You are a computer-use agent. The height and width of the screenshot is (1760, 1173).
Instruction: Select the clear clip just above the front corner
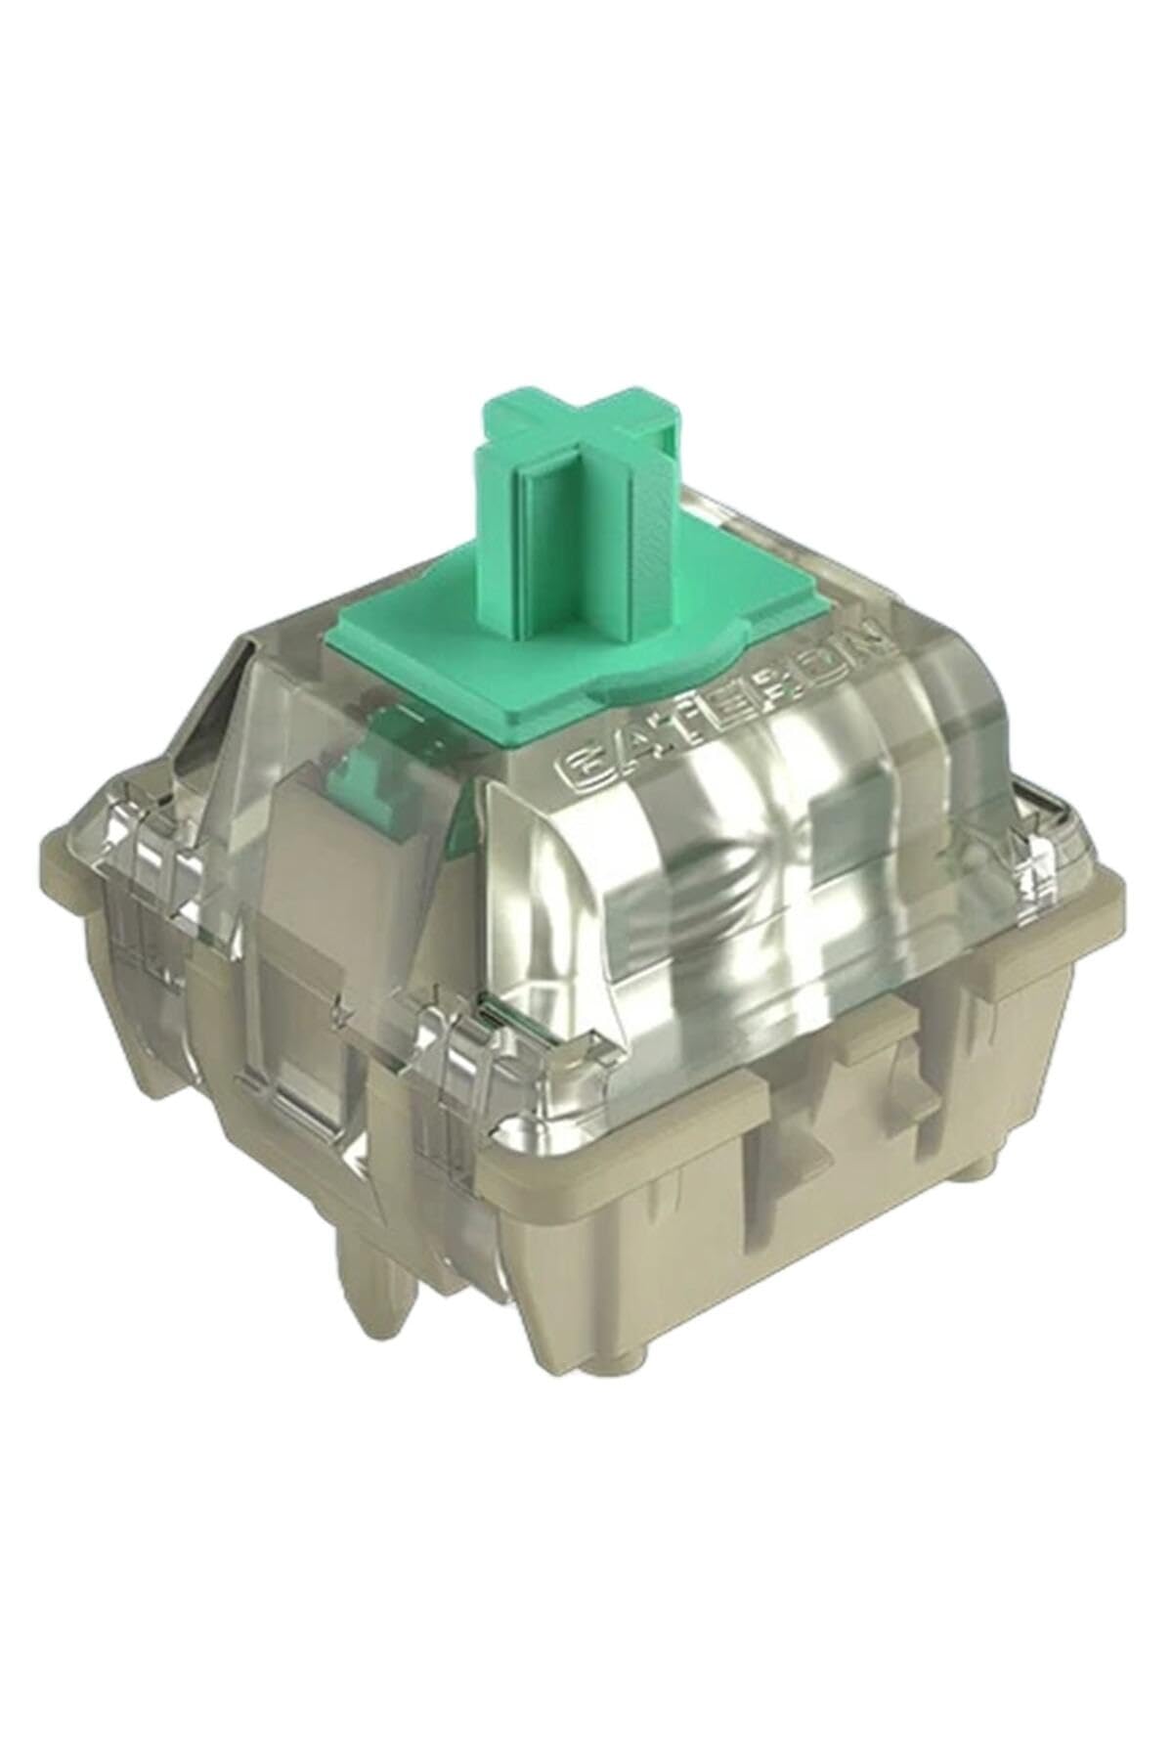click(x=455, y=1095)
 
